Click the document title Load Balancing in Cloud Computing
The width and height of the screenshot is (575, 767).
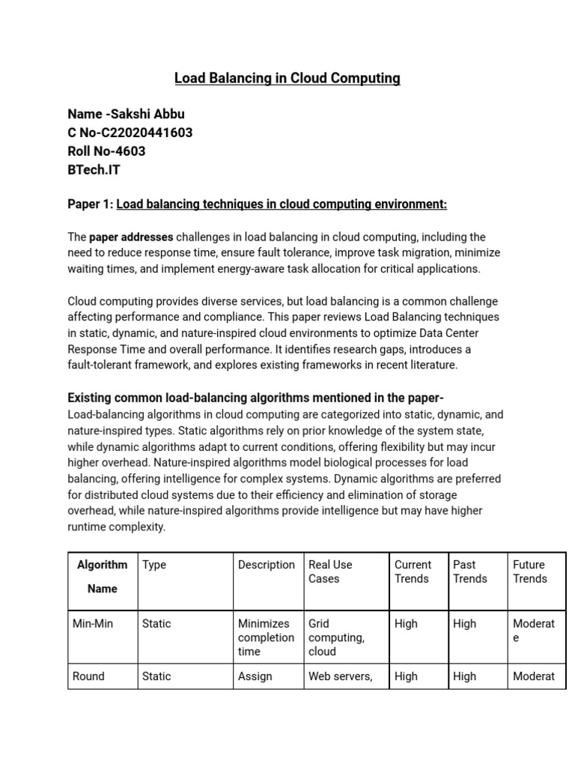point(287,79)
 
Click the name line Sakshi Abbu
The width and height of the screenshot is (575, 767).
point(126,114)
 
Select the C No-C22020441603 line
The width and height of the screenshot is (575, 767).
point(130,133)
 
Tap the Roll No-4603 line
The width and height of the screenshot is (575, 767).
point(106,151)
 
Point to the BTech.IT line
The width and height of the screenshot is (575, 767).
point(94,170)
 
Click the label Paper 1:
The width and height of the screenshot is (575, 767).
point(91,204)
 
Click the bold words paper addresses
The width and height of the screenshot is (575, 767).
point(131,237)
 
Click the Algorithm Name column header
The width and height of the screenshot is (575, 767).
point(103,577)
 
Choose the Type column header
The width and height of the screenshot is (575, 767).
point(154,565)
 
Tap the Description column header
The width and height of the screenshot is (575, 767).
point(267,565)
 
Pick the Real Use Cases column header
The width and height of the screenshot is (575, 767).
point(330,572)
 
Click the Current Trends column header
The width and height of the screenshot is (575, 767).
point(413,572)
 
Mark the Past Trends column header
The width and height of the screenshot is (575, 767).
point(470,572)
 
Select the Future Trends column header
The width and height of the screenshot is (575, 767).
point(529,572)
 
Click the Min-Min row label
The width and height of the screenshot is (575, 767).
point(93,623)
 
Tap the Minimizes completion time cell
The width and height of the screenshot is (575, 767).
point(266,637)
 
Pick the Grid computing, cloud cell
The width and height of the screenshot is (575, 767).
point(336,637)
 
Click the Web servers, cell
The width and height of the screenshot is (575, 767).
point(340,676)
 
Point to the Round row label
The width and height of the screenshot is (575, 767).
point(88,676)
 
